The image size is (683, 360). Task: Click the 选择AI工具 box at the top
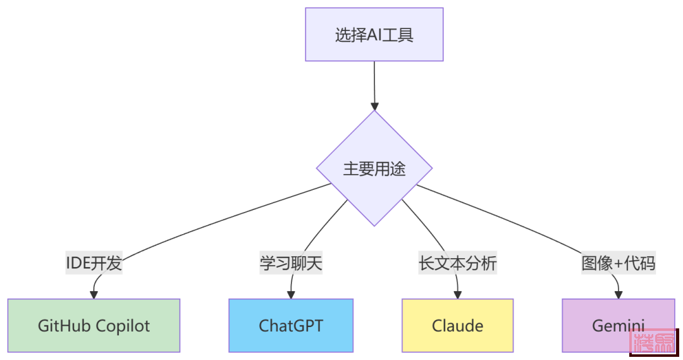(374, 34)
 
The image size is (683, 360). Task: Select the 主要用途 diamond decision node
(374, 169)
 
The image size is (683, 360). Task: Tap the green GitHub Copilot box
(94, 325)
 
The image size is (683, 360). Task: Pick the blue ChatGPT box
(291, 325)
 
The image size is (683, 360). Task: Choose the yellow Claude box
(457, 325)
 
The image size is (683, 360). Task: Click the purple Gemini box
(618, 325)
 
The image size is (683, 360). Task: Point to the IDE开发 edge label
(94, 263)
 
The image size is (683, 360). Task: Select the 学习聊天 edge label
(291, 263)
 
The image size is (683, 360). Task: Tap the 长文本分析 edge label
(458, 263)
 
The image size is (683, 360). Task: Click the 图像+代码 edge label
(618, 263)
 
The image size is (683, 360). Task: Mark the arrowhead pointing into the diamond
(375, 104)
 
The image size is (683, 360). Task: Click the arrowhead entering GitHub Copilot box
(95, 294)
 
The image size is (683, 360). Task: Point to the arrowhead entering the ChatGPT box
(291, 294)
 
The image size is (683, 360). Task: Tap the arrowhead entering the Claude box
(458, 294)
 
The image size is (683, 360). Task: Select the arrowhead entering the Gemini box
(618, 294)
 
